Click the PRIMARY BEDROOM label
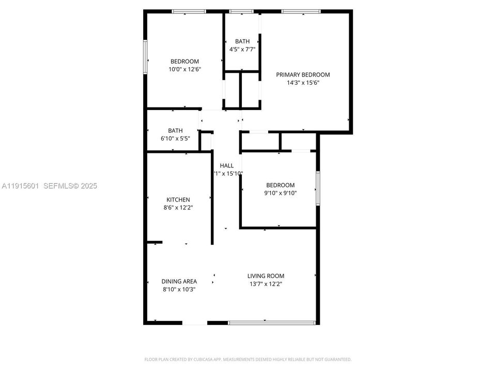[303, 74]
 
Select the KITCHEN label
[178, 200]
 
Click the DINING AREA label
[179, 282]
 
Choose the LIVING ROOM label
[266, 276]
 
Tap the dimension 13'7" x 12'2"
[266, 284]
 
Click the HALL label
[227, 165]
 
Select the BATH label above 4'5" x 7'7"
[242, 41]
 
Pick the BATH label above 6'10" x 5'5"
[175, 131]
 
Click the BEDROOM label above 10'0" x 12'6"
[184, 61]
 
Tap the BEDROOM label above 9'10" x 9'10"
[280, 185]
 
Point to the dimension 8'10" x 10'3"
[179, 289]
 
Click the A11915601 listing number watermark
[21, 186]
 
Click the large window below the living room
[272, 323]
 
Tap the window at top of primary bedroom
[301, 11]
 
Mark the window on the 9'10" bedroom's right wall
[318, 188]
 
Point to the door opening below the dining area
[195, 323]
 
